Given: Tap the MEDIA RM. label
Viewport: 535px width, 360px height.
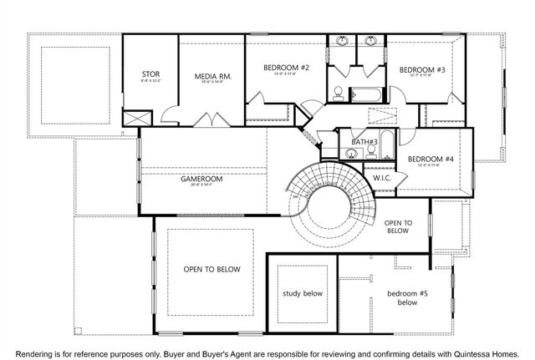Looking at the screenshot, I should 212,77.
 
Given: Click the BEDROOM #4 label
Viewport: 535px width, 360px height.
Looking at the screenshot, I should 431,159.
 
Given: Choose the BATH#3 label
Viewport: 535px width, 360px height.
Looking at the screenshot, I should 364,143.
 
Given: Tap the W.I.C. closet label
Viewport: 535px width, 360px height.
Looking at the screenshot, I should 382,178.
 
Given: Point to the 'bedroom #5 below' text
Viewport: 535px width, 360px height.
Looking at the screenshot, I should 407,298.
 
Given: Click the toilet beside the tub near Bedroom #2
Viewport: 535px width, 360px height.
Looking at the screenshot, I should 337,93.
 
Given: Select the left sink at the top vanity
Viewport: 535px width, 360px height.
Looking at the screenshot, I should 343,42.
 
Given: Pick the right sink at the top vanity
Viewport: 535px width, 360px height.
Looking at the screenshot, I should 369,42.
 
